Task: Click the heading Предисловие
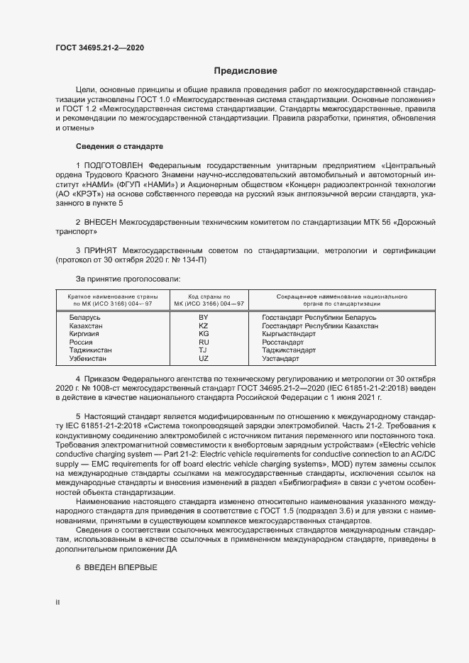click(245, 71)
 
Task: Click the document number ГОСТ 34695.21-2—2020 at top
click(99, 47)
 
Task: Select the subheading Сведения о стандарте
click(119, 146)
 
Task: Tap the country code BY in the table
click(204, 317)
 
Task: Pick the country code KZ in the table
click(204, 325)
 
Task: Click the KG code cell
click(204, 333)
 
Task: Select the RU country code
click(204, 342)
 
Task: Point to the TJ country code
click(204, 350)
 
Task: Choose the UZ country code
click(204, 359)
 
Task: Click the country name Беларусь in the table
click(85, 317)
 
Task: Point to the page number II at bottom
click(57, 601)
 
